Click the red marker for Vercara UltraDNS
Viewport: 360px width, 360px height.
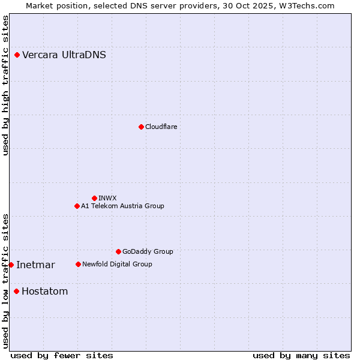(x=17, y=55)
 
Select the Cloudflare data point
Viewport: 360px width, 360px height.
(x=141, y=127)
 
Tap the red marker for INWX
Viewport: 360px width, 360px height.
(x=94, y=198)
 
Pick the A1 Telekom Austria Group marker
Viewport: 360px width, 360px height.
(x=77, y=206)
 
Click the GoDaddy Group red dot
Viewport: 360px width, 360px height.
(x=118, y=251)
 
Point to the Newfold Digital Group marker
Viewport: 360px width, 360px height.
(x=78, y=264)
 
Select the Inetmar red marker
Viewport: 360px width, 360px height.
(x=11, y=265)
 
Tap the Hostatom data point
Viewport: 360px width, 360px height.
(x=16, y=292)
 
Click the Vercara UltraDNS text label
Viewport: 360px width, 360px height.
(x=64, y=55)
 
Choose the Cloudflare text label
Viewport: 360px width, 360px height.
(x=161, y=127)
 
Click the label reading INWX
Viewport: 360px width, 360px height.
(x=108, y=198)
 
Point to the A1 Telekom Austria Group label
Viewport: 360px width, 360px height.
(x=122, y=206)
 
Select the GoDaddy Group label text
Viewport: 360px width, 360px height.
(x=148, y=251)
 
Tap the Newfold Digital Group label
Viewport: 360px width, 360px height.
(x=117, y=264)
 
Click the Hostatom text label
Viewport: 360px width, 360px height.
(x=44, y=292)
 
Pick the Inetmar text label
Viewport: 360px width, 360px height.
(x=35, y=265)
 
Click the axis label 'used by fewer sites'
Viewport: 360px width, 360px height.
(x=62, y=355)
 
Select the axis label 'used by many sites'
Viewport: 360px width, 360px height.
(x=301, y=355)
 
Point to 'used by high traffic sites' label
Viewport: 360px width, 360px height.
(x=6, y=85)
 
